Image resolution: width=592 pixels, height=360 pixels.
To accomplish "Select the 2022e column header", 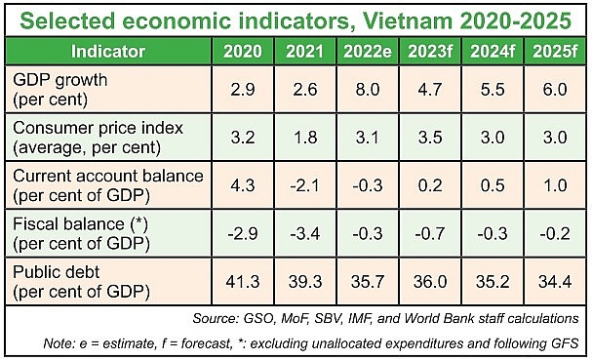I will click(366, 50).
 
